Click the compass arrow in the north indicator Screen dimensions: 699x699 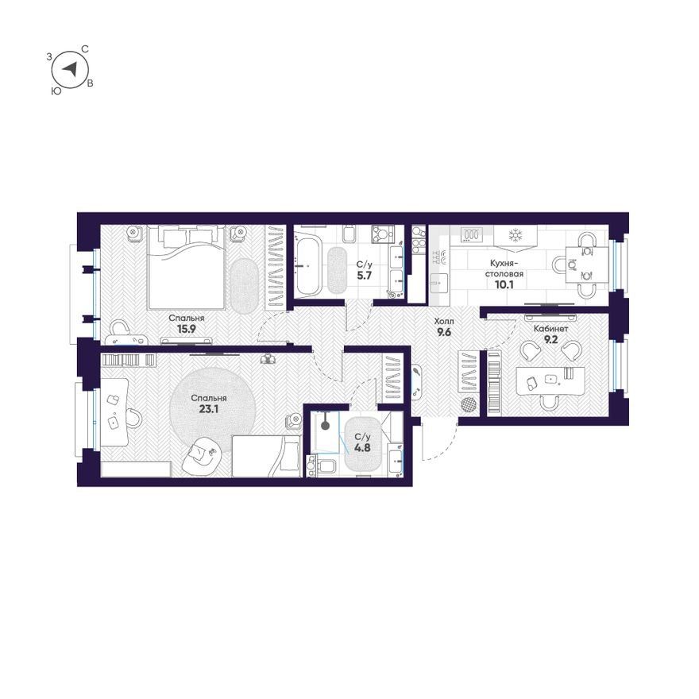tap(70, 69)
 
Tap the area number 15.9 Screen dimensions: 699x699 tap(187, 329)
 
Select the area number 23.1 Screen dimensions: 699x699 tap(209, 409)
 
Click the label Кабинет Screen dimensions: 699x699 tap(551, 329)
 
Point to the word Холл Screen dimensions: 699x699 tap(444, 321)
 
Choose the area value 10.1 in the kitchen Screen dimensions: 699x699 tap(504, 284)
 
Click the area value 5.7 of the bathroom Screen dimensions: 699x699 tap(364, 276)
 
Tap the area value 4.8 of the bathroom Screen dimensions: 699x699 tap(362, 447)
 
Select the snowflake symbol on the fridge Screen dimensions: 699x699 tap(516, 234)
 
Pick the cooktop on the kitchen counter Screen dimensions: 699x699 tap(472, 234)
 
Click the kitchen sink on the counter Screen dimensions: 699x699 tap(440, 282)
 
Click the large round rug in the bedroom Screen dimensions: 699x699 tap(213, 410)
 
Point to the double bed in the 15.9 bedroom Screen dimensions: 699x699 tap(185, 267)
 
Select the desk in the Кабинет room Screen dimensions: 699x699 tap(550, 380)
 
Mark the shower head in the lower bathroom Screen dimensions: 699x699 tap(326, 425)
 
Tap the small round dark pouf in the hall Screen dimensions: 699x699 tap(468, 405)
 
